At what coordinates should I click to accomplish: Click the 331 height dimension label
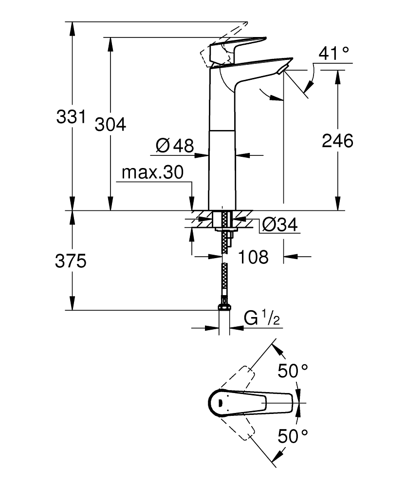(x=71, y=117)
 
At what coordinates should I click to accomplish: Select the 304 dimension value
(x=110, y=125)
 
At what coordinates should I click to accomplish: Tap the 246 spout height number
(x=337, y=141)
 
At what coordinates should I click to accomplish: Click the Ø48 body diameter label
(x=174, y=145)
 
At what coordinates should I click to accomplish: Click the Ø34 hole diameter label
(x=279, y=225)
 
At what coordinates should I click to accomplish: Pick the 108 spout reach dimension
(x=253, y=257)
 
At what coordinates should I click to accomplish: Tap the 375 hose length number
(x=71, y=262)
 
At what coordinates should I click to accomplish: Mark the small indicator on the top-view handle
(x=220, y=403)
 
